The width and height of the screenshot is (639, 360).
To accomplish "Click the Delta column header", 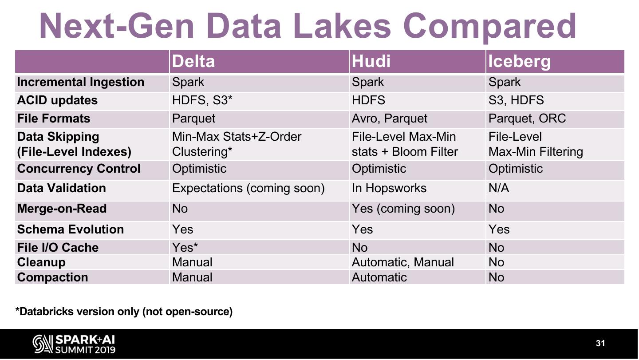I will pyautogui.click(x=193, y=61).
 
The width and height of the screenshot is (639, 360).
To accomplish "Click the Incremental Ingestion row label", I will pyautogui.click(x=80, y=82).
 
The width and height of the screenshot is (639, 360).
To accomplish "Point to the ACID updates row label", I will pyautogui.click(x=57, y=100).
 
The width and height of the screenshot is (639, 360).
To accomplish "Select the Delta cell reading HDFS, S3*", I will pyautogui.click(x=202, y=100).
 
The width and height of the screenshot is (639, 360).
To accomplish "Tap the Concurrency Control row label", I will pyautogui.click(x=79, y=169).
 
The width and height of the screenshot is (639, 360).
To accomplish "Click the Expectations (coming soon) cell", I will pyautogui.click(x=248, y=188).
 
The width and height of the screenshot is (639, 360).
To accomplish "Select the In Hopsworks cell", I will pyautogui.click(x=389, y=188).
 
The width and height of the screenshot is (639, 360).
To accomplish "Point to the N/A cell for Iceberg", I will pyautogui.click(x=498, y=188).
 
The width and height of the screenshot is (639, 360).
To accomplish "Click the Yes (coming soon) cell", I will pyautogui.click(x=403, y=209).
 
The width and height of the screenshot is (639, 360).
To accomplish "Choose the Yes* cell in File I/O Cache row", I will pyautogui.click(x=185, y=247).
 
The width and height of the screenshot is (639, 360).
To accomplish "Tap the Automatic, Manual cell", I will pyautogui.click(x=402, y=262).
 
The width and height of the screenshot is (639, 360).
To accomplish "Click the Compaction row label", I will pyautogui.click(x=52, y=277).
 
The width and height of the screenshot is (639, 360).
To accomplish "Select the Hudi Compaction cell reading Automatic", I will pyautogui.click(x=379, y=277).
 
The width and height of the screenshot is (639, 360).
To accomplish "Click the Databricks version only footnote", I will pyautogui.click(x=124, y=312).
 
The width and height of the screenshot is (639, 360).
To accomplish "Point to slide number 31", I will pyautogui.click(x=600, y=343).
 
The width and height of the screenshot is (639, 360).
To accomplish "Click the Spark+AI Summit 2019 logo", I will pyautogui.click(x=74, y=344).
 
